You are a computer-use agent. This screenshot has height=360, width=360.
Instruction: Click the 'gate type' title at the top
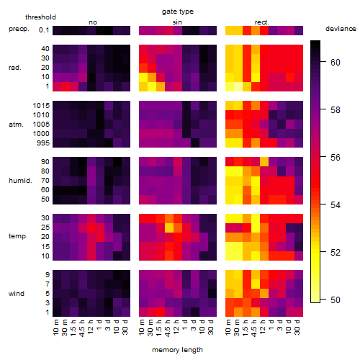click(x=178, y=12)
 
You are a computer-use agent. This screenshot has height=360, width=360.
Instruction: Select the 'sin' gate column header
click(x=177, y=22)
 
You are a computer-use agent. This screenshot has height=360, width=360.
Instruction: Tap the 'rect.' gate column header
click(x=262, y=22)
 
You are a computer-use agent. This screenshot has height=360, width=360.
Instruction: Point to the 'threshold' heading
click(x=40, y=17)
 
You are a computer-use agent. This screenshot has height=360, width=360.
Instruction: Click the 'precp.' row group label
click(x=19, y=29)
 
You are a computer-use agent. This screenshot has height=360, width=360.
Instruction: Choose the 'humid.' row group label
click(x=20, y=180)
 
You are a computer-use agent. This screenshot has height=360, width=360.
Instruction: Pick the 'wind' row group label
click(x=17, y=294)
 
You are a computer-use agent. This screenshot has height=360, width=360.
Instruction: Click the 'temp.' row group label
click(x=18, y=236)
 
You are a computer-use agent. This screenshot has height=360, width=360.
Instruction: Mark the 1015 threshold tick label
click(x=41, y=106)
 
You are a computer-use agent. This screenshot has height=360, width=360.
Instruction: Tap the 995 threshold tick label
click(x=43, y=143)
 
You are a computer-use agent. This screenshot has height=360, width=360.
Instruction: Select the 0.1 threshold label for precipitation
click(x=44, y=30)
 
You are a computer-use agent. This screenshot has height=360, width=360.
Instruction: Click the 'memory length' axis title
click(x=178, y=350)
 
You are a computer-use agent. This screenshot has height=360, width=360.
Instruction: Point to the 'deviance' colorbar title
click(x=341, y=29)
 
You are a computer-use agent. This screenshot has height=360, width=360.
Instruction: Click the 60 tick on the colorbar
click(x=336, y=63)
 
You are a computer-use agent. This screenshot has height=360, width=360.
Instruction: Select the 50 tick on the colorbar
click(x=336, y=300)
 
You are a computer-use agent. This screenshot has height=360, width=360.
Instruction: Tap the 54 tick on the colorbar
click(x=336, y=205)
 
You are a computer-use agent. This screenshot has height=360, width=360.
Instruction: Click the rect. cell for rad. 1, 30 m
click(x=238, y=86)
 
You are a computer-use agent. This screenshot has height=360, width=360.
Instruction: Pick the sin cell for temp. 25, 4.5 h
click(x=169, y=228)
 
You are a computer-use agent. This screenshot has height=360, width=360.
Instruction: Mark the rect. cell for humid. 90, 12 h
click(x=264, y=162)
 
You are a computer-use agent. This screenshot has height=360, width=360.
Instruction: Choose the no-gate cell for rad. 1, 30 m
click(x=66, y=86)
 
